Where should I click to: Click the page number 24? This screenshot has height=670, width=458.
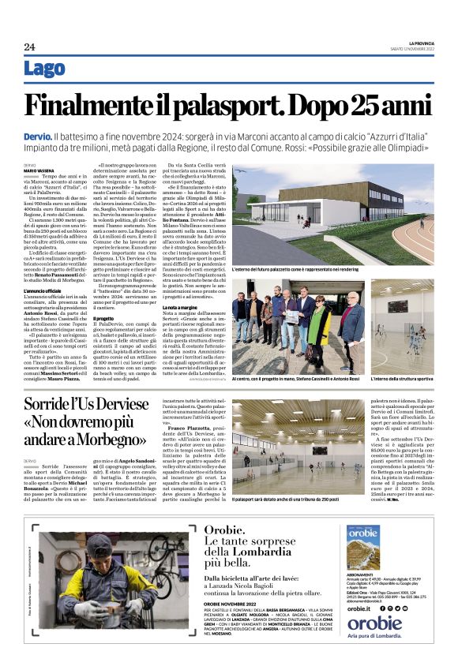click(x=29, y=47)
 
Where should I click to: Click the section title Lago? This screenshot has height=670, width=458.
click(x=44, y=69)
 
